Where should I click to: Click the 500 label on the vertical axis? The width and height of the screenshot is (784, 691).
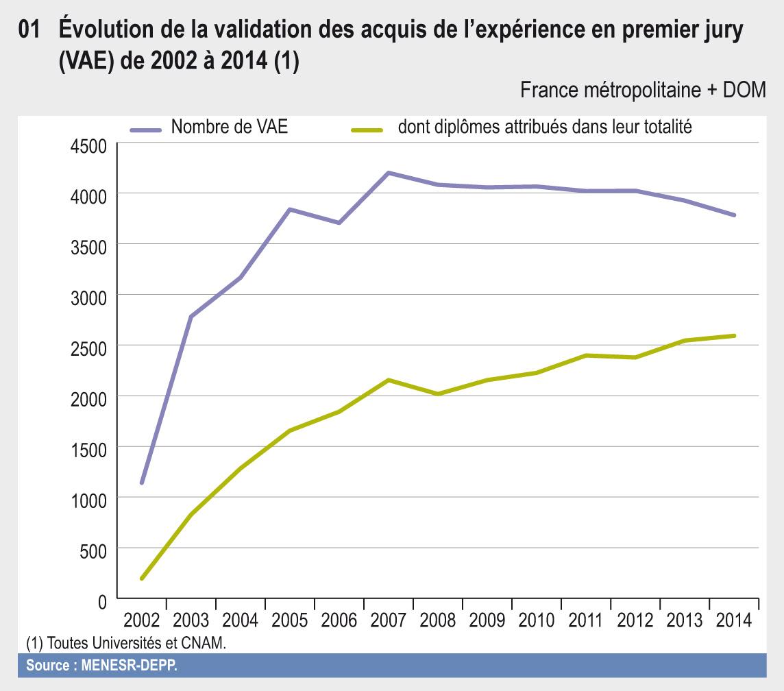(94, 550)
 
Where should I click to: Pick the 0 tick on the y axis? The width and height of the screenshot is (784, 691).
(102, 601)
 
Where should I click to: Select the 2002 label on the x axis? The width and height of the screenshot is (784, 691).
(142, 620)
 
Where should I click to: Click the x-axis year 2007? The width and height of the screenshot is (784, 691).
(388, 620)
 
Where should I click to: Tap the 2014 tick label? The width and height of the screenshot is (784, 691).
(733, 620)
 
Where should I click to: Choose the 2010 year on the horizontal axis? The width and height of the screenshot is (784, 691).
(536, 620)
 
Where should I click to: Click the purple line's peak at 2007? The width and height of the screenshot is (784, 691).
(388, 173)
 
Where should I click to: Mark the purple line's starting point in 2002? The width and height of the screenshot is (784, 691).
(142, 483)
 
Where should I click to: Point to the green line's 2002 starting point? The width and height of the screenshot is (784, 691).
(142, 579)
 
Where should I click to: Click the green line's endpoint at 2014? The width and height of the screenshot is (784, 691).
(734, 336)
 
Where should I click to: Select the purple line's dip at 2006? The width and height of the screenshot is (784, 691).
(339, 223)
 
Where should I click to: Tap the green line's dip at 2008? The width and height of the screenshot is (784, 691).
(437, 394)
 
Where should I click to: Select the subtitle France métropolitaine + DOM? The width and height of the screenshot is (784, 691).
(643, 90)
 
